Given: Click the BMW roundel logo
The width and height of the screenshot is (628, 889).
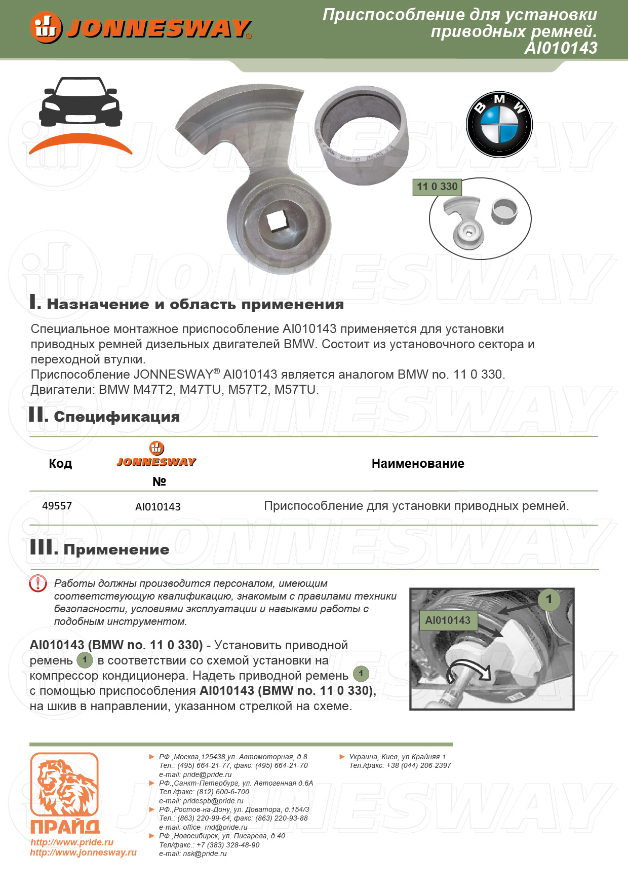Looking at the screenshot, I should pos(499,125).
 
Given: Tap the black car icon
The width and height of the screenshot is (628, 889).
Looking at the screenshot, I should pos(81,103).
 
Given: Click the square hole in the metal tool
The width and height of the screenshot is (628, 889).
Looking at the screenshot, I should pos(277,221).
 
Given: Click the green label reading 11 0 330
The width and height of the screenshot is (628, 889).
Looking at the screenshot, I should pos(437,187).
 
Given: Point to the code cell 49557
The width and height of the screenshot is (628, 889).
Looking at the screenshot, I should pos(57,506).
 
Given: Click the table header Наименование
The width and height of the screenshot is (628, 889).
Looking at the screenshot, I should pos(418,463).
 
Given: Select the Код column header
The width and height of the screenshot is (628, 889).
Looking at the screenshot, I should pos(60,463).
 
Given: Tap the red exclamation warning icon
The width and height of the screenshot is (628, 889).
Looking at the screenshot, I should pos(38,584).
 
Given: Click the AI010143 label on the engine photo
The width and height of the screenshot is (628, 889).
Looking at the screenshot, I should pos(448,620).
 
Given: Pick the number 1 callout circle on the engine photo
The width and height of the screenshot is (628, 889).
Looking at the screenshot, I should pos(548,599).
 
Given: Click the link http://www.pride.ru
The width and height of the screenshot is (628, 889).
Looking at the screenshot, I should pos(72,842).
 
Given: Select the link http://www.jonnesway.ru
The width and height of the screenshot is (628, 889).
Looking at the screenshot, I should pos(83,853).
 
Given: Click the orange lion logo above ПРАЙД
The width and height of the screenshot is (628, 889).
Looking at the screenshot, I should pos(64,787).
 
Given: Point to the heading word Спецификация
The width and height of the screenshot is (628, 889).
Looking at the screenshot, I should pos(116,417).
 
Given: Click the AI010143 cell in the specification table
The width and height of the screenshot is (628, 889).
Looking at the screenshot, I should pos(158,507).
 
